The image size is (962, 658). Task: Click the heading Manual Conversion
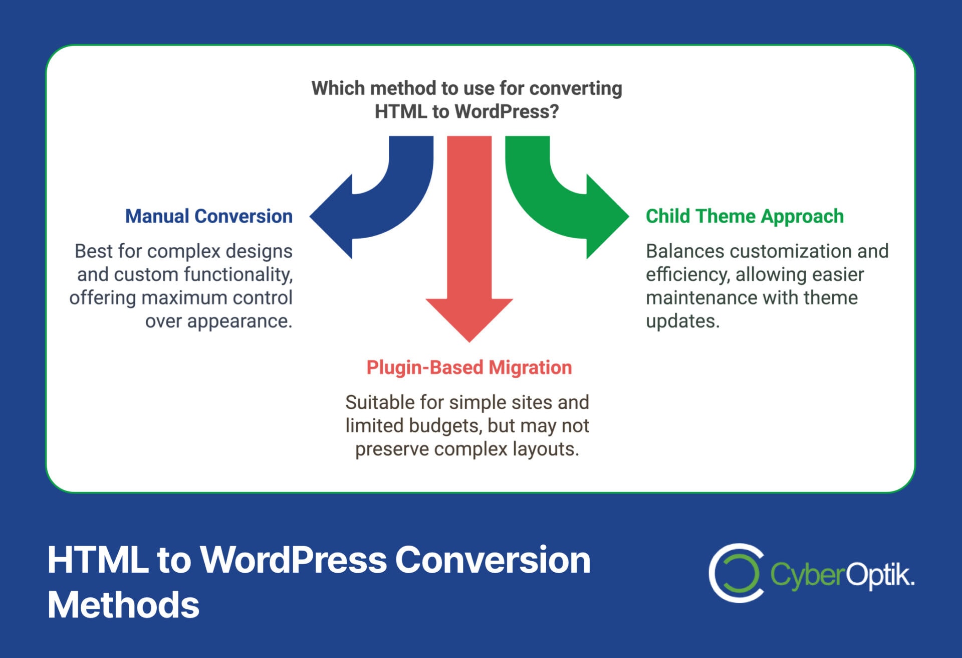[208, 216]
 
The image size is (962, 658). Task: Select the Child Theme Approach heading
[745, 216]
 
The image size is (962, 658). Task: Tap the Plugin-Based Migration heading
[469, 368]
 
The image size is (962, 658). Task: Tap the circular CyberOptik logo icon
[736, 573]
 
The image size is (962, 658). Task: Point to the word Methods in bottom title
[123, 605]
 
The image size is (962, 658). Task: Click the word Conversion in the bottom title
[493, 560]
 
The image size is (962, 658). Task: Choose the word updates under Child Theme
[682, 321]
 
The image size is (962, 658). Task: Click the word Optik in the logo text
[880, 575]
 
